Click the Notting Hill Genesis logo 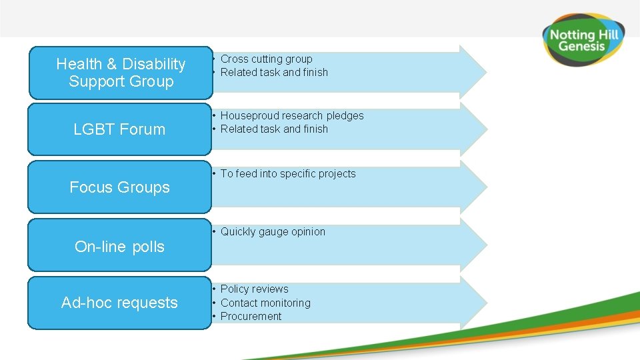coord(581,39)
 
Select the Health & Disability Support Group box coord(120,73)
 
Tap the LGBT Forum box coord(120,129)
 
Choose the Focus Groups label coord(120,187)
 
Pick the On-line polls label coord(120,247)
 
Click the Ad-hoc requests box coord(120,303)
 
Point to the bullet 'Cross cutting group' coord(266,59)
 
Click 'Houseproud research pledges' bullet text coord(292,115)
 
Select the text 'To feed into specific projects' coord(288,173)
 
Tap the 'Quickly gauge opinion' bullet coord(273,231)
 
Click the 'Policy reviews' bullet coord(254,289)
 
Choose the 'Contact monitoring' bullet coord(265,303)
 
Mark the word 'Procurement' coord(251,316)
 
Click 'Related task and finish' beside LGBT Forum coord(274,129)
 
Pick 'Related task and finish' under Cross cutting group coord(274,72)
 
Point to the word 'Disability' coord(153,64)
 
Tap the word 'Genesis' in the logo coord(581,46)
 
